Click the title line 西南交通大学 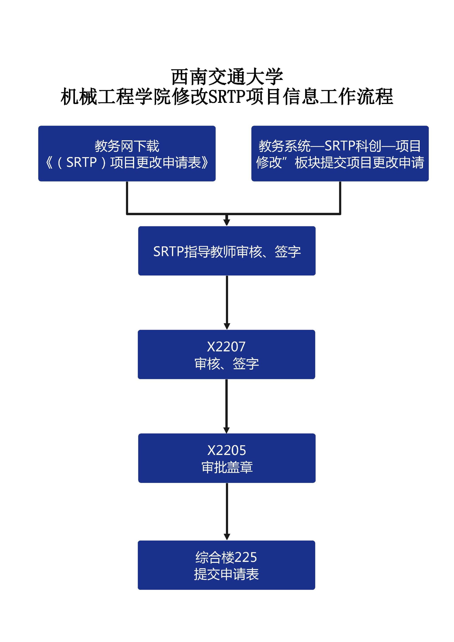(227, 77)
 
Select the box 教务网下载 (127, 154)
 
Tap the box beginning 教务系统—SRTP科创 (340, 154)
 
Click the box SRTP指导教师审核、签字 (227, 251)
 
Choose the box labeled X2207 (226, 355)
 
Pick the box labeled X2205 (227, 458)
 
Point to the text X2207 (226, 347)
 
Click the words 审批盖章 (227, 467)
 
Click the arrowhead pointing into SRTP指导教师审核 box (227, 222)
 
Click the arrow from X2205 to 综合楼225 (227, 511)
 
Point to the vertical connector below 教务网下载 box (127, 197)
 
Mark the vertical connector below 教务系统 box (340, 197)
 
